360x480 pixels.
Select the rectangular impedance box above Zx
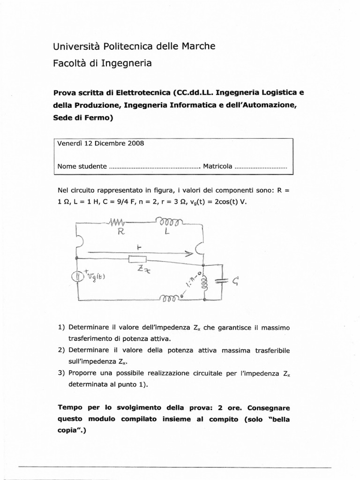pyautogui.click(x=137, y=259)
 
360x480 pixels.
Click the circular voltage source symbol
pyautogui.click(x=76, y=276)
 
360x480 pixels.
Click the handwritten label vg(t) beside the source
pyautogui.click(x=96, y=276)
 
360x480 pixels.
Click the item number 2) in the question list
pyautogui.click(x=61, y=350)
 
